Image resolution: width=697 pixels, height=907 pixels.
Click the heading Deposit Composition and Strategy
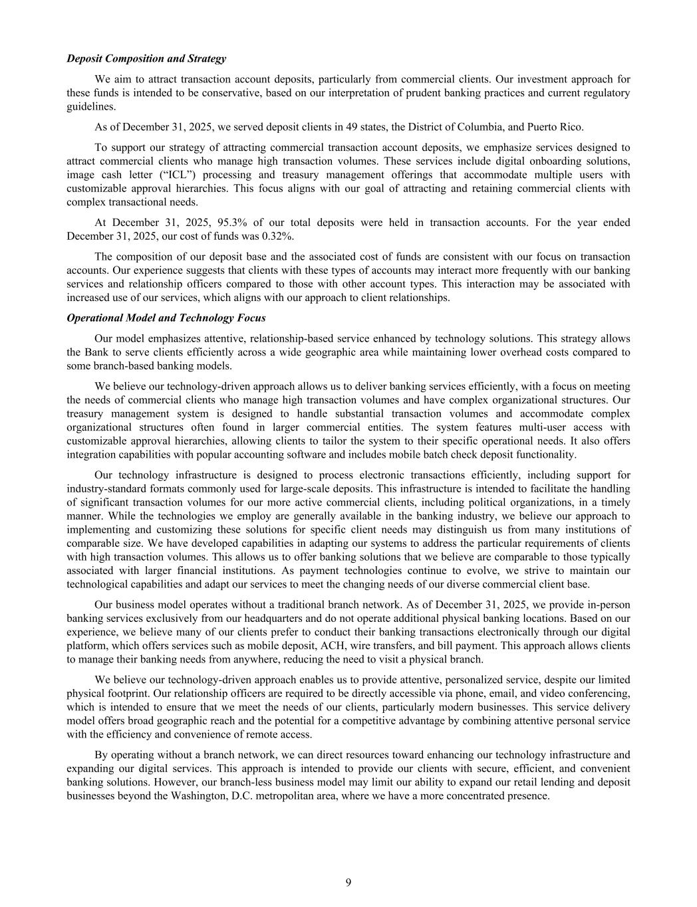(146, 58)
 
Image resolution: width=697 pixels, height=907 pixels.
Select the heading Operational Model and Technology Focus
(166, 318)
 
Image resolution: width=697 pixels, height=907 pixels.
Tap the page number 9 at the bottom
(348, 882)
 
